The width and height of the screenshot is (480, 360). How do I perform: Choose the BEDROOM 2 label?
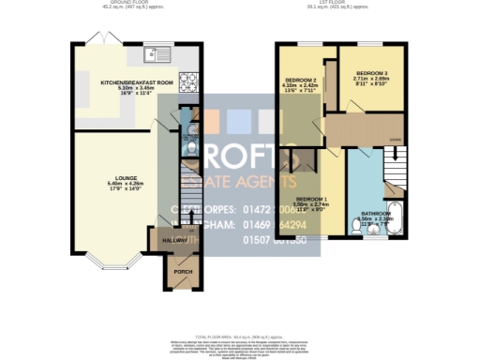pos(301,82)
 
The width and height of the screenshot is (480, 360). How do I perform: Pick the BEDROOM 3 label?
pos(371,73)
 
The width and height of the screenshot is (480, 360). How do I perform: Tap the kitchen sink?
pos(156,52)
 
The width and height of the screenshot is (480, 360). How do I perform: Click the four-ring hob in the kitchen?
pos(187,81)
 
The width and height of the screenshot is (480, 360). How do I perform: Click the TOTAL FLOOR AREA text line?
pos(239,335)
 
